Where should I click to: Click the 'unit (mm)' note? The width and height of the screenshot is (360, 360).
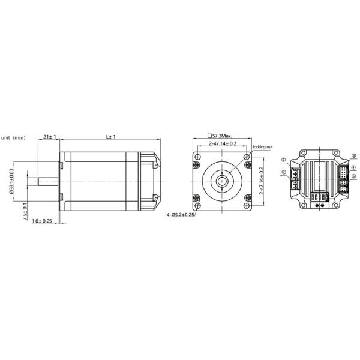13,138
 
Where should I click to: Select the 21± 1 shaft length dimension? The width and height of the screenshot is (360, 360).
50,137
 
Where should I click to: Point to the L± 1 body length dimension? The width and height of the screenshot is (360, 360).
110,137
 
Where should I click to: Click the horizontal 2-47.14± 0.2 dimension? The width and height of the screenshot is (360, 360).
222,144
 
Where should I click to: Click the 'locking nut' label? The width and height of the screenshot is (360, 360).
263,146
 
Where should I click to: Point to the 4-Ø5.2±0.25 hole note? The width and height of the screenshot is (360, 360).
181,214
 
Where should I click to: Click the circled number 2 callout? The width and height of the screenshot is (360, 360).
283,172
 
